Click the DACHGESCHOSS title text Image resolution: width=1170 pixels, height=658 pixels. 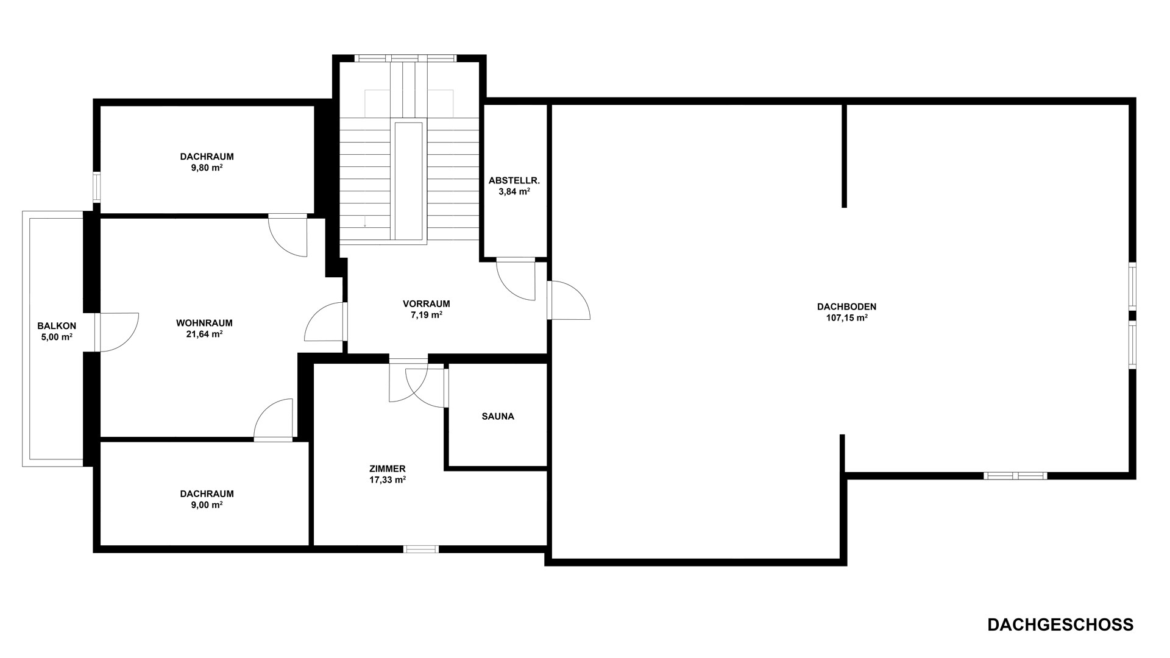1060,624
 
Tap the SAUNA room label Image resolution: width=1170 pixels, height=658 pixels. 498,417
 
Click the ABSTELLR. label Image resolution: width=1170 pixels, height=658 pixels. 514,181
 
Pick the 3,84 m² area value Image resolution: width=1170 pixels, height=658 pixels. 514,192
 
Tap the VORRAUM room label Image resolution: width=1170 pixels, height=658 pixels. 427,304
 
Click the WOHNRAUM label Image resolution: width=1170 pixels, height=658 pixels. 204,323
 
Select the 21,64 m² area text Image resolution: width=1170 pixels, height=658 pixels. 204,334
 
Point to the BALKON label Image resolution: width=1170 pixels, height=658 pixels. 57,326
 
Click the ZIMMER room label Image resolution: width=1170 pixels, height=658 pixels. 387,469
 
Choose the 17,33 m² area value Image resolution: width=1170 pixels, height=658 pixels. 387,479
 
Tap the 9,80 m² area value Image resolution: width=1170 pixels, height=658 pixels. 207,168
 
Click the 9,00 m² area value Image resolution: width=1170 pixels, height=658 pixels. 207,505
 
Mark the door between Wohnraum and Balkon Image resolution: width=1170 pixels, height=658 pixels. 116,332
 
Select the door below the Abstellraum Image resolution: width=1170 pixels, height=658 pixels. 516,279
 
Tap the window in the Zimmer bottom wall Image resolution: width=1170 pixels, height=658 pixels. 421,549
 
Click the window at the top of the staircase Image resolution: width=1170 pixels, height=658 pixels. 405,58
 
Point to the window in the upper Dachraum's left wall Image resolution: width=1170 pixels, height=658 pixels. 96,187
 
